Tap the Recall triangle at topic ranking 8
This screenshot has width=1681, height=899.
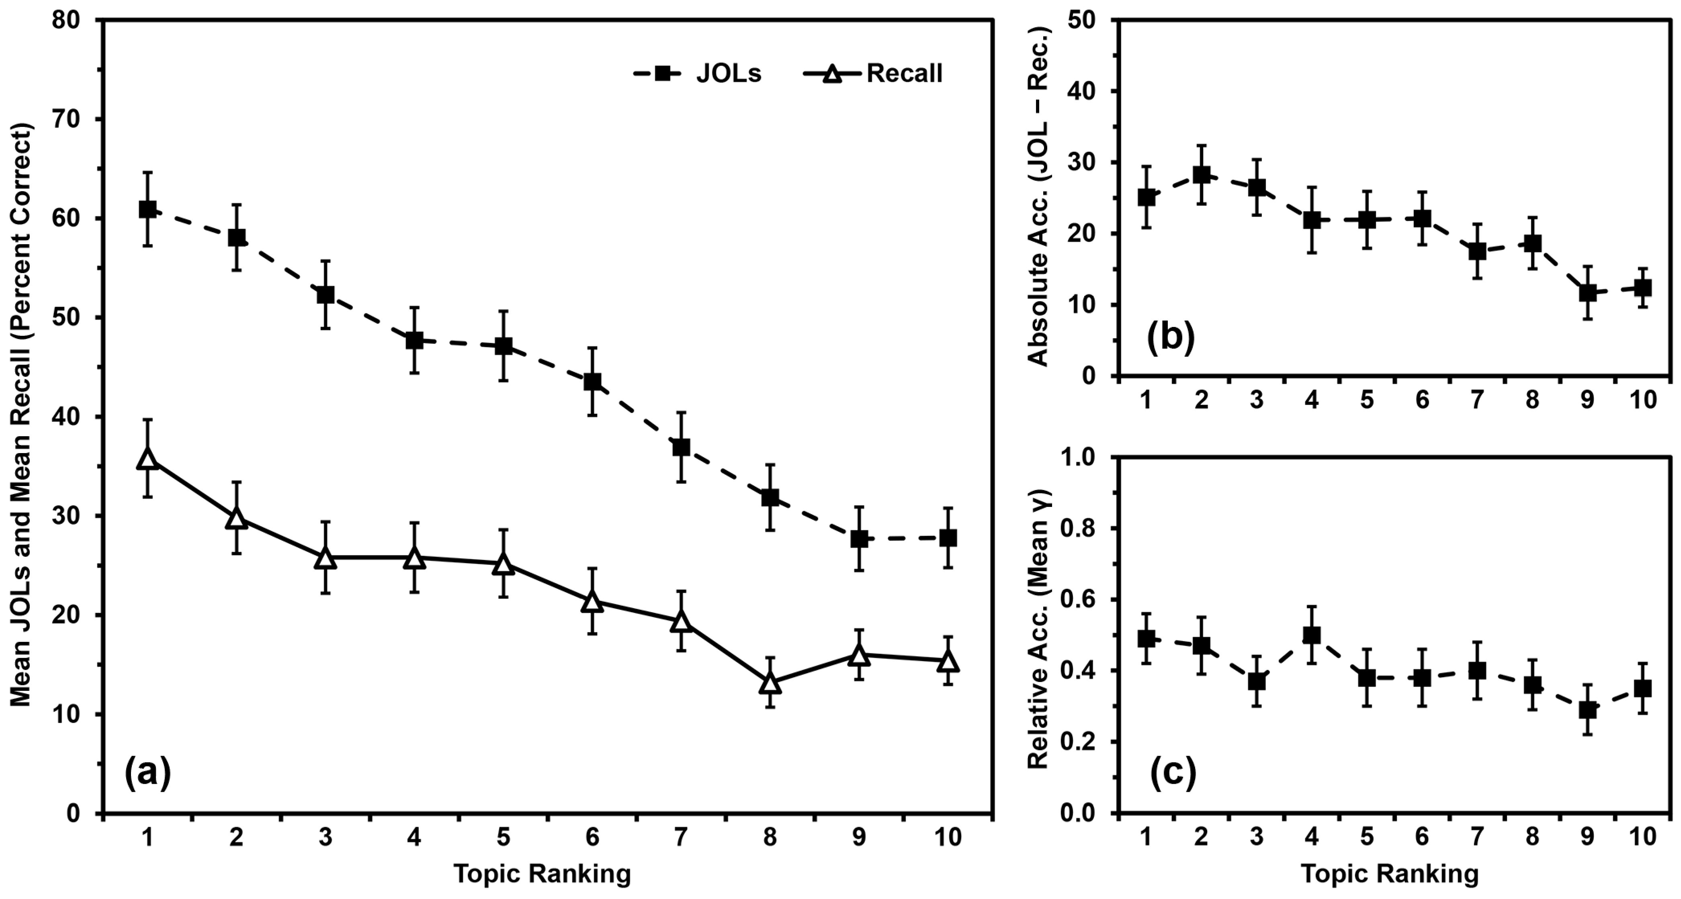click(x=770, y=683)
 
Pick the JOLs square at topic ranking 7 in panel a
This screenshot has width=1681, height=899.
click(x=681, y=447)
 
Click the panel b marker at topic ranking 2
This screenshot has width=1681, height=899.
click(x=1201, y=175)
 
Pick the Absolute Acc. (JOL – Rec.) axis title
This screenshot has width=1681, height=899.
click(x=1038, y=197)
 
